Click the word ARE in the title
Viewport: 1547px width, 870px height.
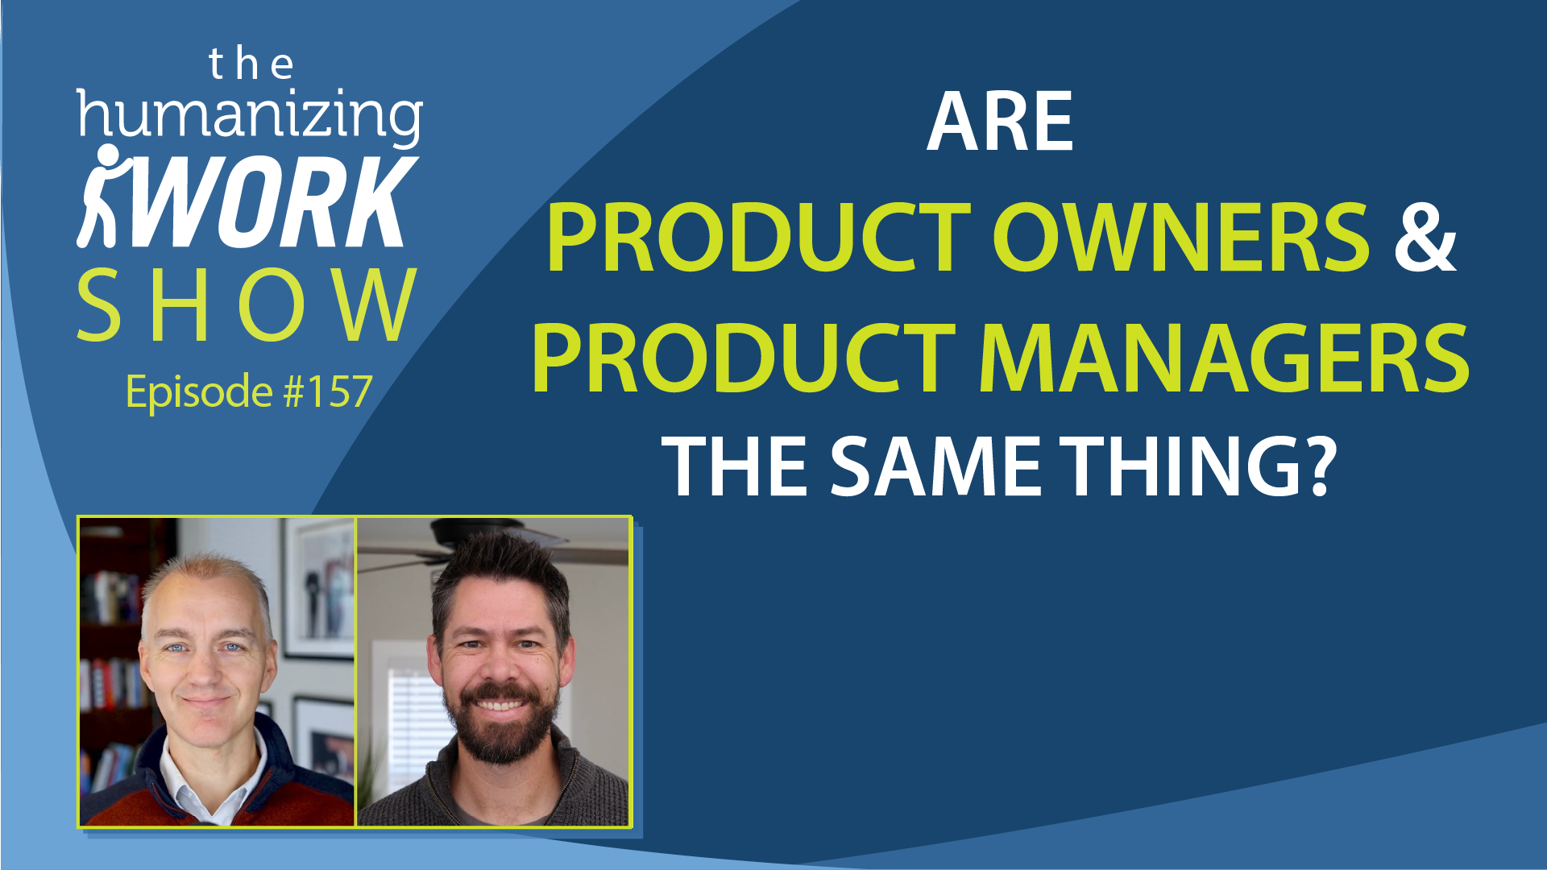1000,122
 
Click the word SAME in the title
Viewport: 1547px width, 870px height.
936,466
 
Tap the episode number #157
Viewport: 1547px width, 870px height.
328,391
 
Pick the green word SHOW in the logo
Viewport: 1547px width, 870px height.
247,305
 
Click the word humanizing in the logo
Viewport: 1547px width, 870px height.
250,117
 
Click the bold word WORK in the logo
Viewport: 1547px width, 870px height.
274,201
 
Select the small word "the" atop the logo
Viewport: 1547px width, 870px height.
251,64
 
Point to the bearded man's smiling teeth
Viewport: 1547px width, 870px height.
500,706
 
